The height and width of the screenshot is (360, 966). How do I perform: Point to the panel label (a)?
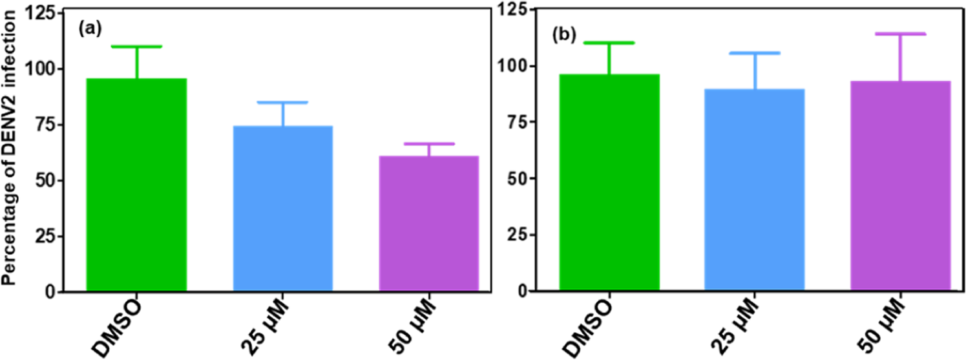89,28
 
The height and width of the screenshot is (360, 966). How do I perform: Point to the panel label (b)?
562,36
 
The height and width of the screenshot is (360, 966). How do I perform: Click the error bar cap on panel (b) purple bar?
900,34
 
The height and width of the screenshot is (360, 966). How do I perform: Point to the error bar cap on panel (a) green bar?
136,47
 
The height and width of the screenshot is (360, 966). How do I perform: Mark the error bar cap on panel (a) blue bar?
283,102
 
